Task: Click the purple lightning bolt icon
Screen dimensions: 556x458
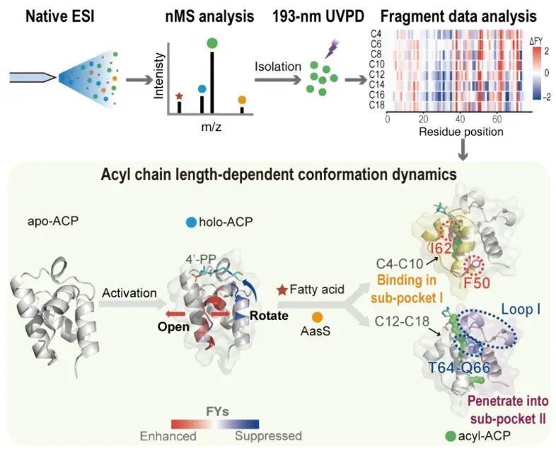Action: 332,48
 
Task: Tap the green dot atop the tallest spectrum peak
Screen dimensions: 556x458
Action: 212,44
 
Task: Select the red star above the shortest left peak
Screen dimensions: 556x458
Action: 179,96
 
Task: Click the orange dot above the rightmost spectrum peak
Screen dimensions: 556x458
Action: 242,100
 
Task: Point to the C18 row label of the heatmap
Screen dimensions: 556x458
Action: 376,105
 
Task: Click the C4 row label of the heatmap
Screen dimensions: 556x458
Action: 376,34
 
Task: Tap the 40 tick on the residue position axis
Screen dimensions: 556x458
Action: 460,119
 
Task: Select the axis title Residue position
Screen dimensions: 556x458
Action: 461,132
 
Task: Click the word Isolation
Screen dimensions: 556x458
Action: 278,67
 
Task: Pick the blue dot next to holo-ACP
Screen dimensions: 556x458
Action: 192,222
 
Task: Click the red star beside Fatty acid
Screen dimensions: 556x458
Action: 282,290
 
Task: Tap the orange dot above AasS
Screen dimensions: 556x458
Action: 317,317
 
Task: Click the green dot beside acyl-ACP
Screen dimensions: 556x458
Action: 451,436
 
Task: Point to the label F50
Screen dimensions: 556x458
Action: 477,282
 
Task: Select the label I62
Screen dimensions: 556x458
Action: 441,248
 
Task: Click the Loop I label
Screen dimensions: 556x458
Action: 521,309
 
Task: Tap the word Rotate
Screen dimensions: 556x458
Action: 269,316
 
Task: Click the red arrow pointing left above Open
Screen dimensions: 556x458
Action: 175,314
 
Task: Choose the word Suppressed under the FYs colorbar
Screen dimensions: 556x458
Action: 268,435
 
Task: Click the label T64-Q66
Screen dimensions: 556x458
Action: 459,367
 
